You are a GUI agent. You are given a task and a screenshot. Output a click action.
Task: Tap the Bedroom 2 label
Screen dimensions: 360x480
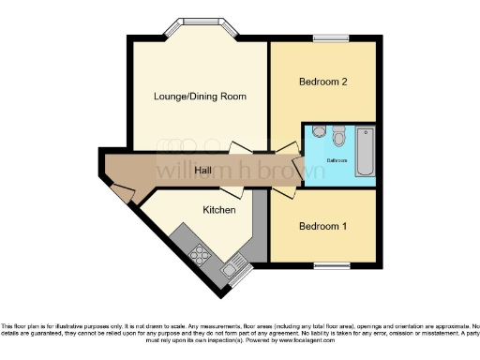tap(323, 82)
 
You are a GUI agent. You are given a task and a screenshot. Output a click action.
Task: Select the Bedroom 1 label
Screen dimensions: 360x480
tap(323, 226)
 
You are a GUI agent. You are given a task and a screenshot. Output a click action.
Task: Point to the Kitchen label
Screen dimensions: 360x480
tap(218, 211)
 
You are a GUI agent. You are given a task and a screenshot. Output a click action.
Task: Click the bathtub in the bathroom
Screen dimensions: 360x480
tap(365, 151)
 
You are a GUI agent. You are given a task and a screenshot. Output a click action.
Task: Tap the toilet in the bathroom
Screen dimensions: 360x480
tap(338, 137)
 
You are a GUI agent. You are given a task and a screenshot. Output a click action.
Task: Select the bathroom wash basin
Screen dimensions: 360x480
tap(319, 132)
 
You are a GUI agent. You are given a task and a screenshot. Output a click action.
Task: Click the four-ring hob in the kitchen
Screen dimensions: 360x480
tap(200, 253)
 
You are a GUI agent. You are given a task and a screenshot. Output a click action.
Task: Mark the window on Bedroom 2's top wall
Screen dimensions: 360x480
tap(331, 38)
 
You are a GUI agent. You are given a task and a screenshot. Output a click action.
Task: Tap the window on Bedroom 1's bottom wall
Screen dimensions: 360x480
tap(331, 266)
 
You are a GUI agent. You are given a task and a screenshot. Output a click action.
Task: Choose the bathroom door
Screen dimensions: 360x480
tap(298, 169)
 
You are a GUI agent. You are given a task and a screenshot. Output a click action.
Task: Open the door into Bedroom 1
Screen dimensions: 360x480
tap(282, 191)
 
